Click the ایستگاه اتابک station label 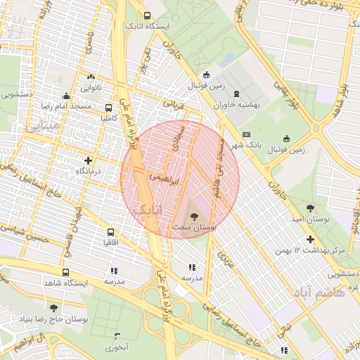point(146,26)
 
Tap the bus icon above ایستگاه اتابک point(146,15)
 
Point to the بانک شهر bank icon point(246,134)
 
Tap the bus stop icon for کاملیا point(108,108)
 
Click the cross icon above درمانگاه point(88,160)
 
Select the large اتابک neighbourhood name point(147,209)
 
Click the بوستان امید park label point(310,219)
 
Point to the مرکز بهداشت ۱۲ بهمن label point(310,250)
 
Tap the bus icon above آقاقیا point(110,232)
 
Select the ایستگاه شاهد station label point(65,283)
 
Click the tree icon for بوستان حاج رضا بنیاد point(54,308)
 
